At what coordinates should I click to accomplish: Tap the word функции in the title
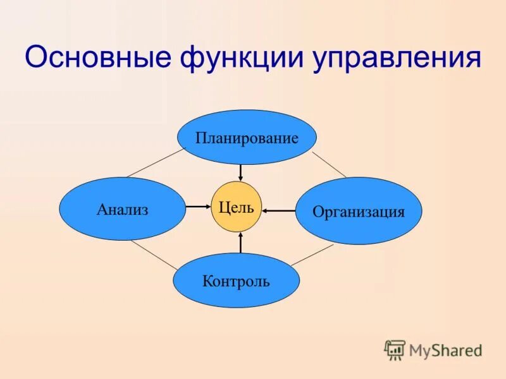point(239,59)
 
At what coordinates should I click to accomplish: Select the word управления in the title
point(396,59)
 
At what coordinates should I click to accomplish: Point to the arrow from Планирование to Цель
point(240,172)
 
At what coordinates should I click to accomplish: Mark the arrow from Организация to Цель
point(279,210)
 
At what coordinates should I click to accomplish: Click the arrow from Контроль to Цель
point(240,243)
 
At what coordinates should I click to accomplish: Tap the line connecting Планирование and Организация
point(330,164)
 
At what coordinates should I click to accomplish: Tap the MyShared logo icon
point(395,349)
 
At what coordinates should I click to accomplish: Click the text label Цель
point(236,207)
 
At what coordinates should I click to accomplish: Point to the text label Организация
point(358,212)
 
